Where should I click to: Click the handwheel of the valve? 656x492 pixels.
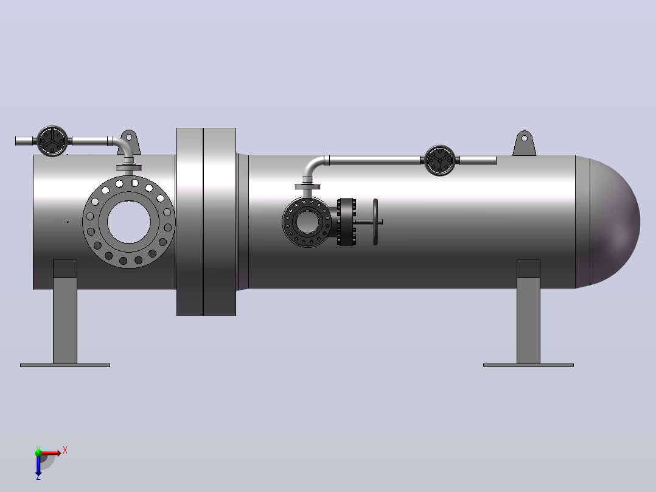coord(375,222)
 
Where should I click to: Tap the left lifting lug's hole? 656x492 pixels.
coord(129,138)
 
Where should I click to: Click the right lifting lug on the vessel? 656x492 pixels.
coord(524,144)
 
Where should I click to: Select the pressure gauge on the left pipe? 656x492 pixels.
coord(52,141)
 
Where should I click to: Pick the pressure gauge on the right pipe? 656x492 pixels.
coord(440,160)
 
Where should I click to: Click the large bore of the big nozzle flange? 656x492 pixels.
coord(129,222)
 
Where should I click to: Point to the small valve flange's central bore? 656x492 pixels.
coord(307,222)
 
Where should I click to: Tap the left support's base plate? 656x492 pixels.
coord(65,365)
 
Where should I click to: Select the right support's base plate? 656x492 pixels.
coord(528,365)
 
